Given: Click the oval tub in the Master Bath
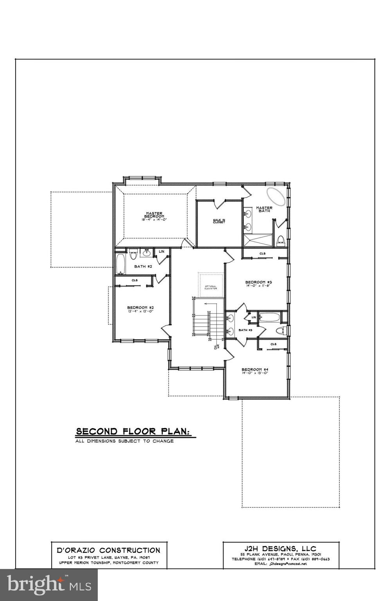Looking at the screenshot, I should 276,196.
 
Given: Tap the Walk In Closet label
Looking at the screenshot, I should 219,221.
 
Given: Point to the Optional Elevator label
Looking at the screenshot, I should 211,287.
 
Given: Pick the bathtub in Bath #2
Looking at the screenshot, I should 119,265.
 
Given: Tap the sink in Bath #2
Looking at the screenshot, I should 147,253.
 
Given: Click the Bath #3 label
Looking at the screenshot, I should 245,330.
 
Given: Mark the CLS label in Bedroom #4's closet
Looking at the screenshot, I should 273,344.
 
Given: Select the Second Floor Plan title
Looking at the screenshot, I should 133,432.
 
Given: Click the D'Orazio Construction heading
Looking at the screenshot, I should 109,550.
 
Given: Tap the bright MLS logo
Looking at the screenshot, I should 49,585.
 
